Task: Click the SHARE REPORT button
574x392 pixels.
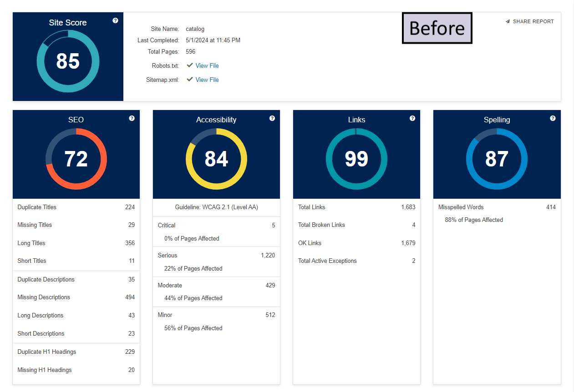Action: point(530,21)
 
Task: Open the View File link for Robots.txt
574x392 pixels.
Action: point(207,65)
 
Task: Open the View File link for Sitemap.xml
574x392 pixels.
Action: point(207,80)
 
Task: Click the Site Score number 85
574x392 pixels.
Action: point(68,61)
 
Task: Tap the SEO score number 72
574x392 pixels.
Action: point(76,159)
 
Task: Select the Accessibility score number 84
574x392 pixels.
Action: point(216,159)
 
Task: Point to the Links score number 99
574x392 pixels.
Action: point(356,159)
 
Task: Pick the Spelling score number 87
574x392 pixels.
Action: point(497,159)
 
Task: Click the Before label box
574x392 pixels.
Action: point(437,28)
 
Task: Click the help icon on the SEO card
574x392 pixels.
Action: point(132,118)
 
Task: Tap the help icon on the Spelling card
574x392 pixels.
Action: point(553,118)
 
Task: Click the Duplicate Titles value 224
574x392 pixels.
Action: point(130,207)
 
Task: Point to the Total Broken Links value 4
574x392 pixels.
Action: point(413,225)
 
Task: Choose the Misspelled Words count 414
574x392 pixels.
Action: point(551,207)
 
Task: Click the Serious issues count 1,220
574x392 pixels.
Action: point(268,255)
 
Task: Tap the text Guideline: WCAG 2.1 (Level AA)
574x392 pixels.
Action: point(216,207)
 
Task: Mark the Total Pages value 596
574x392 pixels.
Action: point(191,51)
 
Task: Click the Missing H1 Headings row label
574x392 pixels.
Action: point(45,370)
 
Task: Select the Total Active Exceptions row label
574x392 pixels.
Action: point(327,261)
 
